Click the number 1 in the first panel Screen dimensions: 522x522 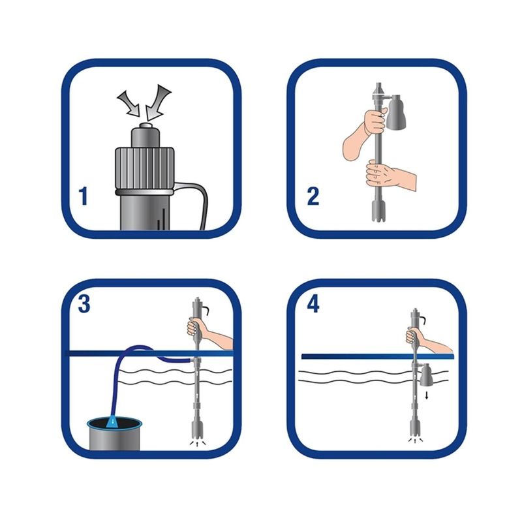[x=84, y=196]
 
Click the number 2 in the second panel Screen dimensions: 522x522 [x=313, y=196]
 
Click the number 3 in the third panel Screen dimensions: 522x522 [x=84, y=304]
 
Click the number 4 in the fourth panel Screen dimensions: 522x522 [x=313, y=304]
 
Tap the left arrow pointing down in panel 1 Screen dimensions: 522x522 [x=129, y=103]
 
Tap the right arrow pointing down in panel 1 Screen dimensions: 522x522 [x=157, y=102]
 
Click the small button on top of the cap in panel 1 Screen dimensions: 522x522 [x=146, y=125]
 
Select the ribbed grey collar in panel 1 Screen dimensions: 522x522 [x=144, y=169]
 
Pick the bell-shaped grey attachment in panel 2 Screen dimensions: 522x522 [x=396, y=111]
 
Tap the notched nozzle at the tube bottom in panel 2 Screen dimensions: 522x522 [x=379, y=210]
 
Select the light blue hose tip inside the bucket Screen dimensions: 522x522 [x=113, y=422]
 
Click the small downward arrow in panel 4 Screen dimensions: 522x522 [x=427, y=395]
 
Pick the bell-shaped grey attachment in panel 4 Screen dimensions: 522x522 [x=426, y=375]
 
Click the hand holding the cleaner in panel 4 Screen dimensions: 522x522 [x=426, y=339]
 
